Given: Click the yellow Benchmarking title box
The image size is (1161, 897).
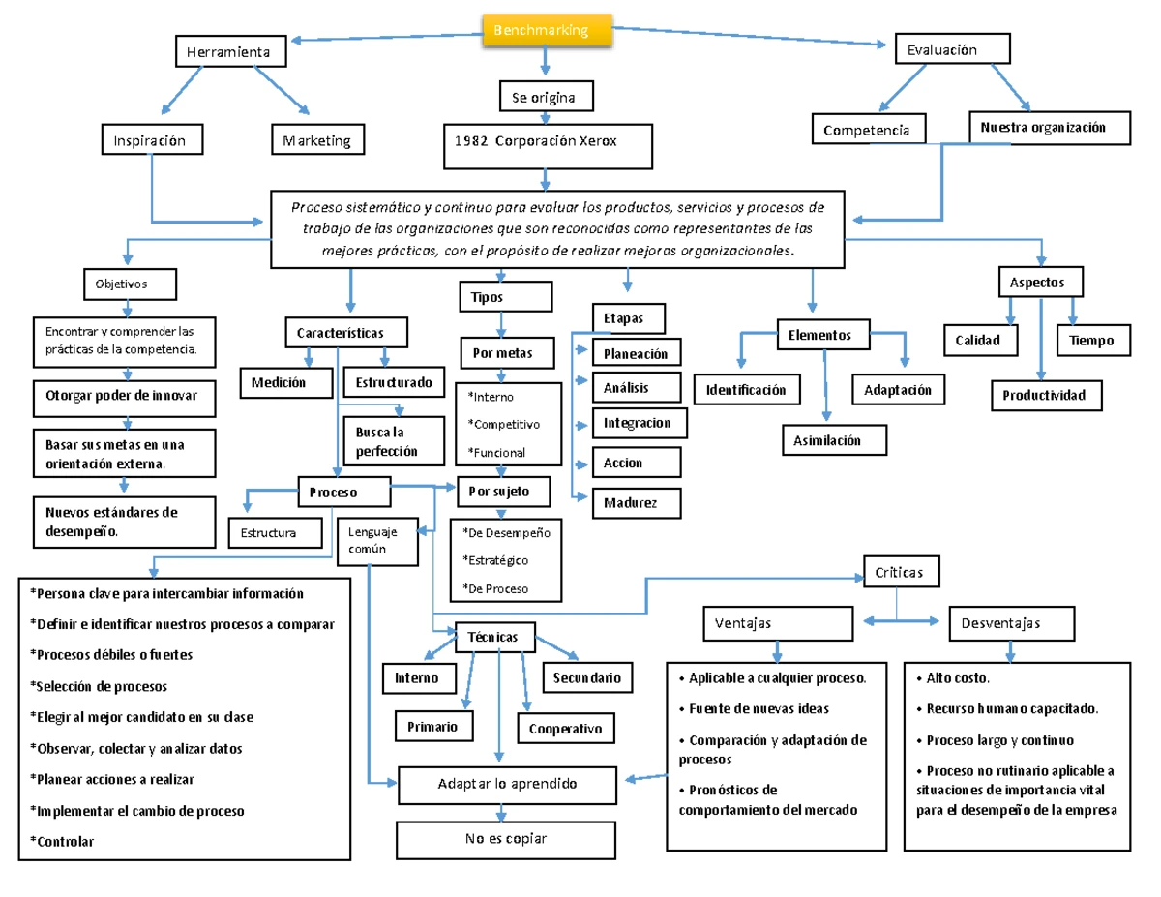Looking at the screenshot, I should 547,31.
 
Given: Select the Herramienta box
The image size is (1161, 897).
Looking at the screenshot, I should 230,51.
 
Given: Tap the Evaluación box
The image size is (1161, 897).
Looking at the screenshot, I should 952,49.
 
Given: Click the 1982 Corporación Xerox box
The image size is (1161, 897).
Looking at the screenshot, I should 547,141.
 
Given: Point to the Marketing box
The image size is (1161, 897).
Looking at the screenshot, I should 317,140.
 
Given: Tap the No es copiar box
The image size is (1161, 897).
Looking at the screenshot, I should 506,838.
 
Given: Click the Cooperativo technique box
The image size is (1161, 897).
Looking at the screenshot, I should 566,729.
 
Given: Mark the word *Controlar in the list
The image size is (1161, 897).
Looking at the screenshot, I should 63,841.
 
